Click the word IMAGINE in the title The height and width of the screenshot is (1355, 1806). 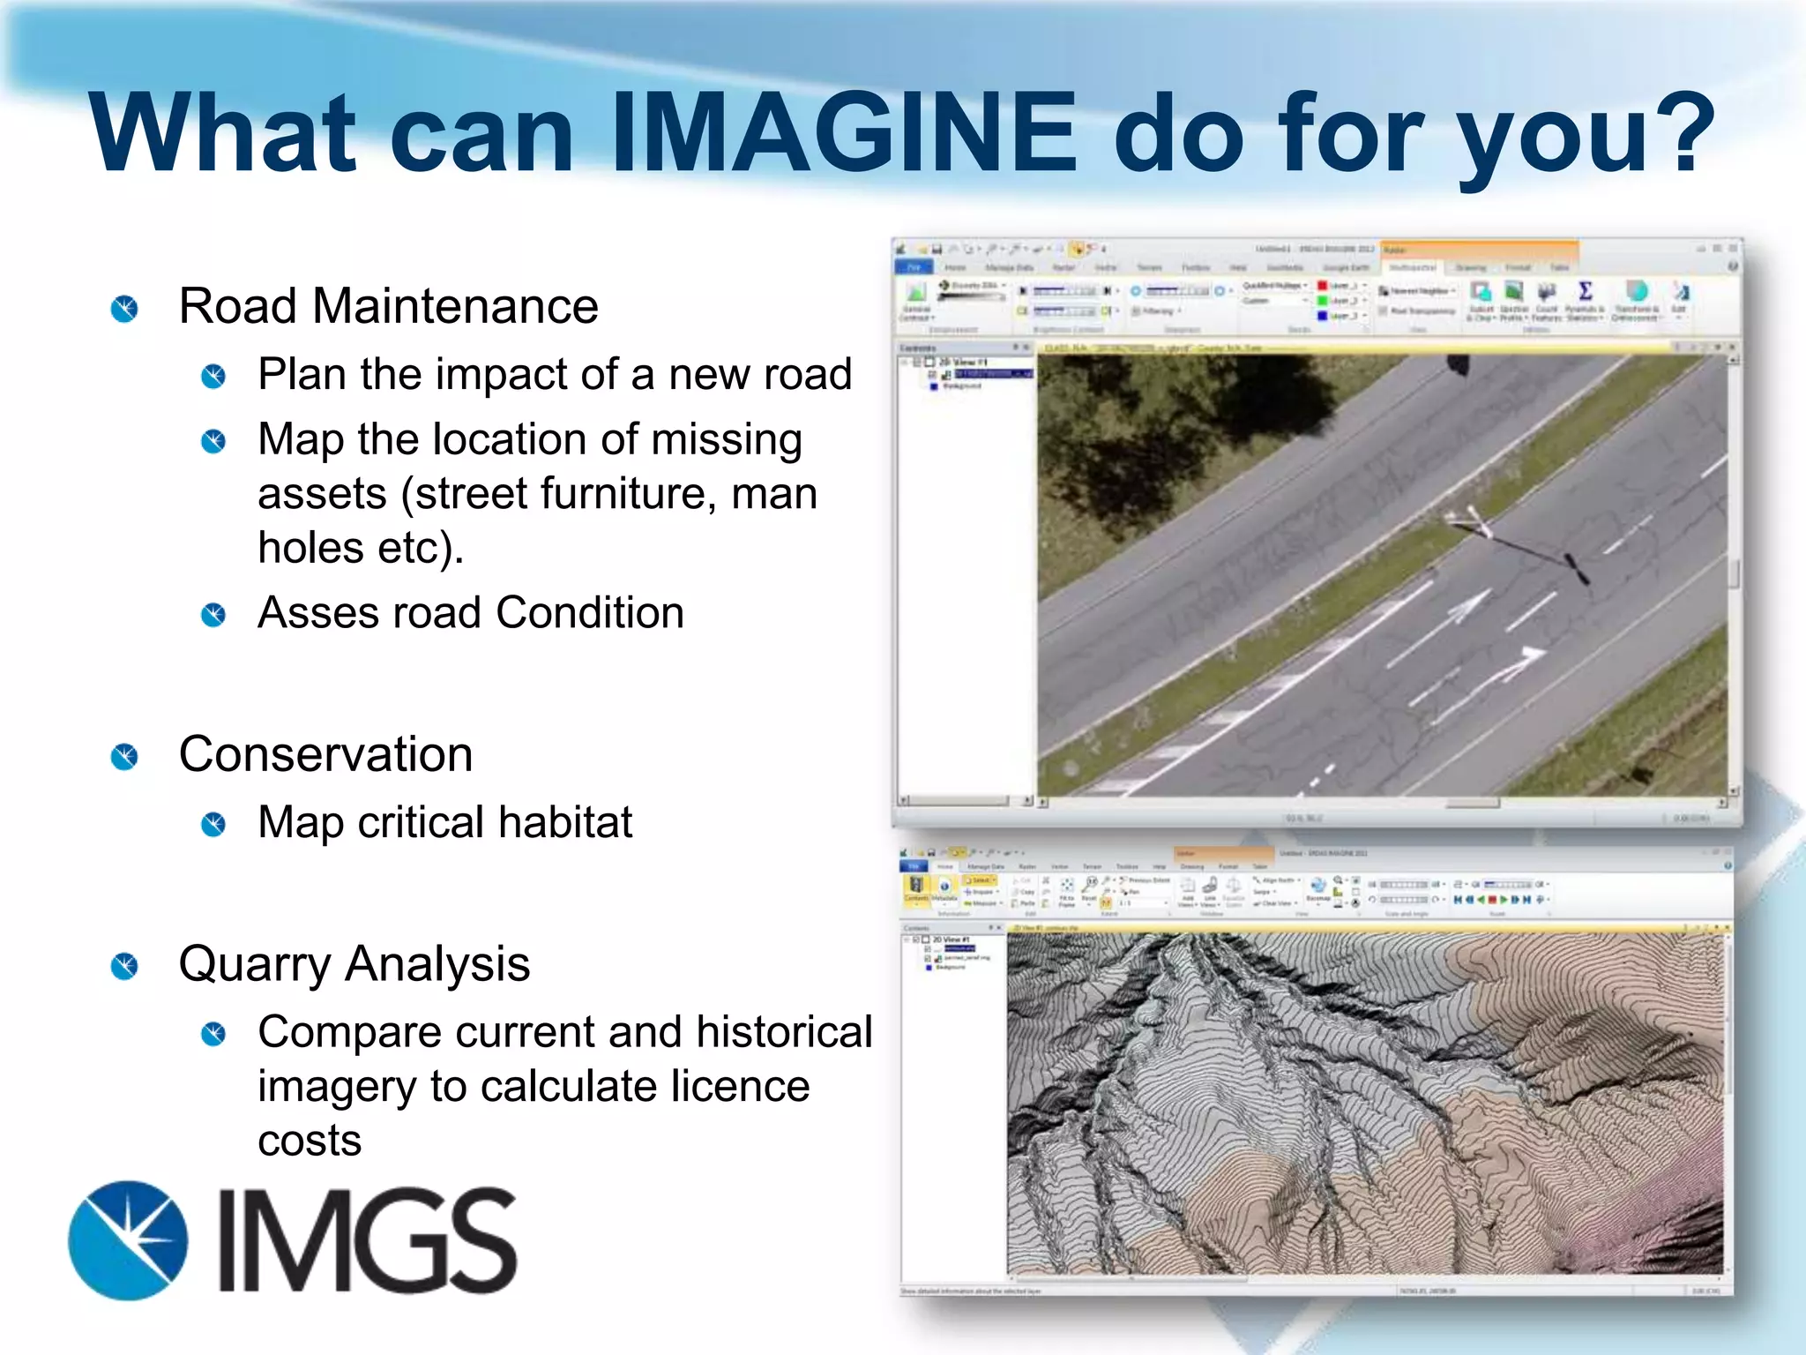[x=842, y=134]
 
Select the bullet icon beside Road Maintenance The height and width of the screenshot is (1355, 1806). [x=124, y=309]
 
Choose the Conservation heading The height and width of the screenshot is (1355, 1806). [x=325, y=755]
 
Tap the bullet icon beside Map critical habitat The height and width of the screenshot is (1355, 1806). [x=213, y=825]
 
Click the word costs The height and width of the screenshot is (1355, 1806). [x=310, y=1142]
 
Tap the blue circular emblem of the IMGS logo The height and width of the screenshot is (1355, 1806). [x=128, y=1240]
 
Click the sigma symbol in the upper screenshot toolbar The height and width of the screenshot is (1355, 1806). [x=1585, y=291]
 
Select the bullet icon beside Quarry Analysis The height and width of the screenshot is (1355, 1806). [x=124, y=966]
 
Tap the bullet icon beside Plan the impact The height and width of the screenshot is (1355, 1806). [x=213, y=377]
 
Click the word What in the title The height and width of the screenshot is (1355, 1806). [x=221, y=134]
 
